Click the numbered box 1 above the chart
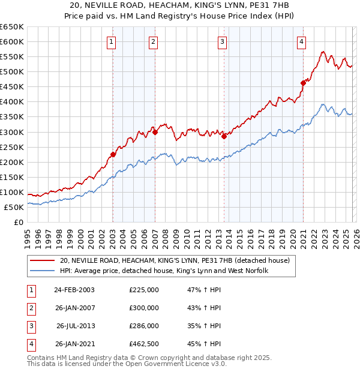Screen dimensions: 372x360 pos(112,41)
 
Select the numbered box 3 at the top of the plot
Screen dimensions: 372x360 pos(222,41)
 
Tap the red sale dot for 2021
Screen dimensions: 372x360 pos(303,83)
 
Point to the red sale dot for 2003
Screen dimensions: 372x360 pos(113,154)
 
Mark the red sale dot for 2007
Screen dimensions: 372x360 pos(155,132)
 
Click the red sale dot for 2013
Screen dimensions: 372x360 pos(224,136)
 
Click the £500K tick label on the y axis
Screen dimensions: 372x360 pos(12,72)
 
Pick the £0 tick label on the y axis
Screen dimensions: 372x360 pos(18,223)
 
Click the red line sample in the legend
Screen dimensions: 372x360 pos(43,261)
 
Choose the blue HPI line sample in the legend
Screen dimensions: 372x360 pos(43,271)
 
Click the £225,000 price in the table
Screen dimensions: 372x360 pos(144,290)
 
